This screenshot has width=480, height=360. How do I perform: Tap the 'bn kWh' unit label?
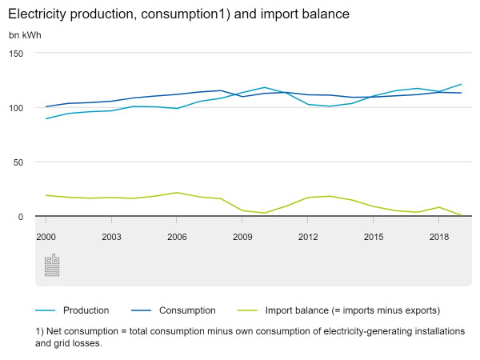pyautogui.click(x=25, y=35)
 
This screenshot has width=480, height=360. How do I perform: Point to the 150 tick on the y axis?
pyautogui.click(x=17, y=53)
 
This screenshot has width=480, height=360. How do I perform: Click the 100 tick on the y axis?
pyautogui.click(x=17, y=107)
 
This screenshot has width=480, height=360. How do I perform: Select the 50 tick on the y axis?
pyautogui.click(x=19, y=162)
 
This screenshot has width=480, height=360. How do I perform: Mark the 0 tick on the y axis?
pyautogui.click(x=22, y=217)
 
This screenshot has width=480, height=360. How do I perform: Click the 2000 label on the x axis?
pyautogui.click(x=46, y=238)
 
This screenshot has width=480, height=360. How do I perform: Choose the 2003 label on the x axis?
pyautogui.click(x=111, y=238)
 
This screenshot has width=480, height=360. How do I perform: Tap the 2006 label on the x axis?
pyautogui.click(x=177, y=238)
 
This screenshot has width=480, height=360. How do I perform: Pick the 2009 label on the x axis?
pyautogui.click(x=242, y=238)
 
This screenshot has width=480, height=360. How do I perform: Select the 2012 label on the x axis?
pyautogui.click(x=308, y=238)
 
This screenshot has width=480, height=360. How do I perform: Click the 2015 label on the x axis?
pyautogui.click(x=374, y=238)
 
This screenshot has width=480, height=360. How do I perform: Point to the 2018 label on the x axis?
pyautogui.click(x=438, y=238)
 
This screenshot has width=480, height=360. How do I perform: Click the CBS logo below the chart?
pyautogui.click(x=52, y=265)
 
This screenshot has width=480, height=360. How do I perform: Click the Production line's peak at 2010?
pyautogui.click(x=264, y=87)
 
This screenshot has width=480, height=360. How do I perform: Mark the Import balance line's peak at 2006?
pyautogui.click(x=177, y=193)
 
